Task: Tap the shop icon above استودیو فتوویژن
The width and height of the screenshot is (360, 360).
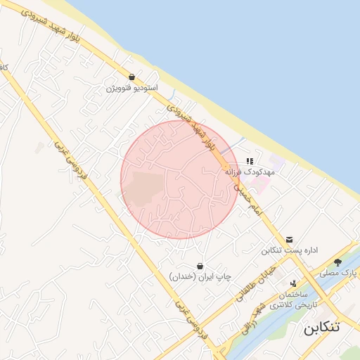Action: (131, 77)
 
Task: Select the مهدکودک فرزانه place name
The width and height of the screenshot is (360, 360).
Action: (238, 172)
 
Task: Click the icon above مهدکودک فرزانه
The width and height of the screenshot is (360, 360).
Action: (250, 161)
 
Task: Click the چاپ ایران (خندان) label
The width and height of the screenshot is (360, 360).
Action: (200, 277)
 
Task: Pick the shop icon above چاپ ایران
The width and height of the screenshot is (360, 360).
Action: (200, 266)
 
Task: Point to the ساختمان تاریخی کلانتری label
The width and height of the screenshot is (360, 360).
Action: (292, 300)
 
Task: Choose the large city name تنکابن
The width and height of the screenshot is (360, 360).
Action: (321, 328)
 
